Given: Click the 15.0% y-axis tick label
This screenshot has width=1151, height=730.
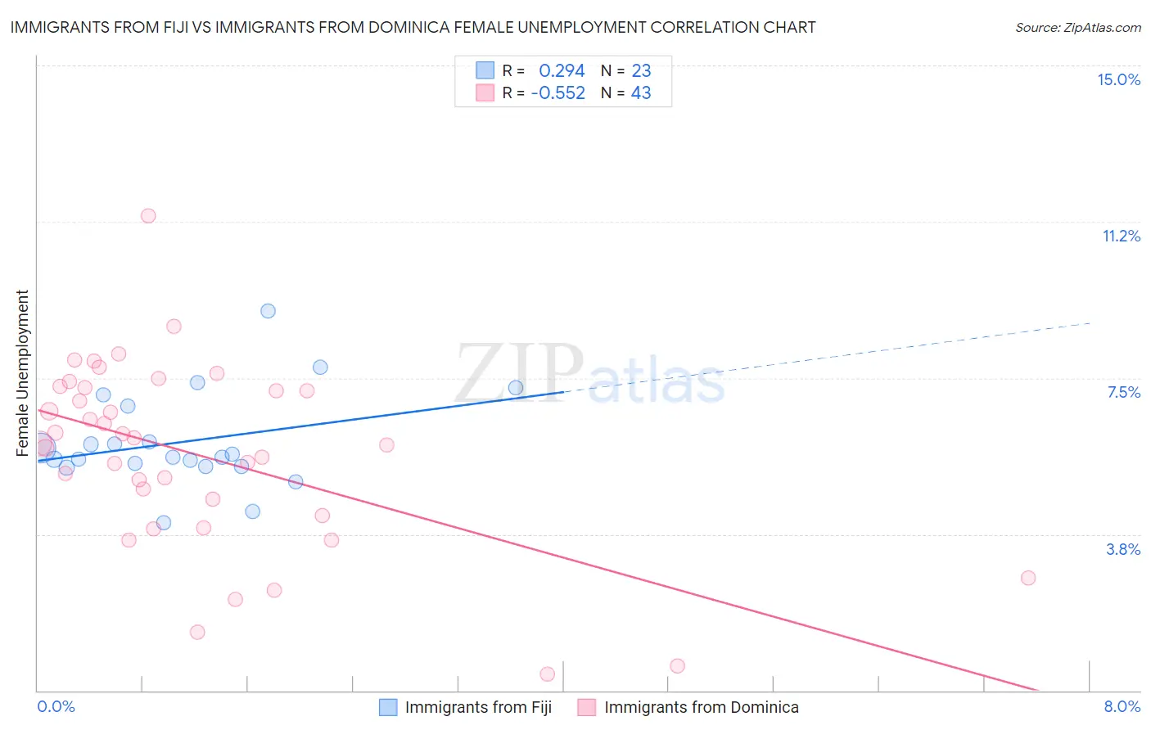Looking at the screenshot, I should (1118, 79).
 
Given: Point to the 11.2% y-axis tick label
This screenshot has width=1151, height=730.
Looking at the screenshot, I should (1121, 236).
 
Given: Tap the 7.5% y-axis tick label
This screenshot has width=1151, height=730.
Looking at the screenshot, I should (1123, 392).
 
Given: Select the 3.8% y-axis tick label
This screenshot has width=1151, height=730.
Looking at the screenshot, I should (1123, 549).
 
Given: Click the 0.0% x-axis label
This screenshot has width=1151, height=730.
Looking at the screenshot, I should (56, 706).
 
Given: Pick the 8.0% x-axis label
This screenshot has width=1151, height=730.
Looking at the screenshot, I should (1122, 706).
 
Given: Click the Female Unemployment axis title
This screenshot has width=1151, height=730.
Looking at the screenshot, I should (22, 373).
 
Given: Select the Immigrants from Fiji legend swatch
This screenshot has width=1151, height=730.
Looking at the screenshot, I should (388, 707).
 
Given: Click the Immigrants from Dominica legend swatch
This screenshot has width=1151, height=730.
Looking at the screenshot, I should (586, 707).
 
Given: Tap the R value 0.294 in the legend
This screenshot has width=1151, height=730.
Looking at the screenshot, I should (562, 71).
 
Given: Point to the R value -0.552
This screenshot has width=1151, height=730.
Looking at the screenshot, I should (557, 93).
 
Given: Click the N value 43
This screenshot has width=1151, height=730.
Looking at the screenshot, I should (641, 93).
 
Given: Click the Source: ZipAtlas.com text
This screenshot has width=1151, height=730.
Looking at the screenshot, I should (1077, 28).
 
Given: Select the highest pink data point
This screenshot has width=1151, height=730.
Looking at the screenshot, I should (148, 216).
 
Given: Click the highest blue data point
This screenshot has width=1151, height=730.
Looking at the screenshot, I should (268, 311).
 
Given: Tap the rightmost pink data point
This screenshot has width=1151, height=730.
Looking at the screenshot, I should (1028, 578).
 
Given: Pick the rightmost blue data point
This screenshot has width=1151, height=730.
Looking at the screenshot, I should (516, 388).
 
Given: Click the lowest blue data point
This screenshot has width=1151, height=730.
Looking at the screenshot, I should (164, 523).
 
